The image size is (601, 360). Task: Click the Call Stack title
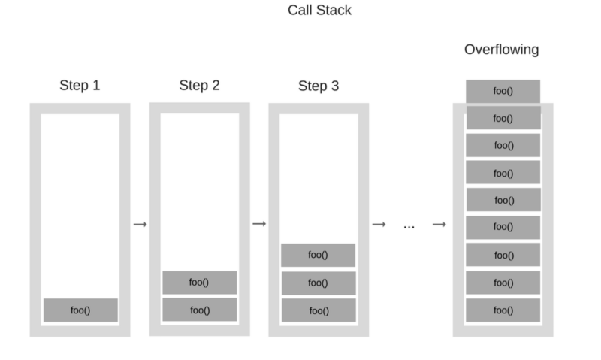319,10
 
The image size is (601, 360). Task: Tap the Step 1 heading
80,85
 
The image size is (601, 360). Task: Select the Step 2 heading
199,85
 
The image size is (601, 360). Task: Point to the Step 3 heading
319,86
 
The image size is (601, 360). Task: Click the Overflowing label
501,50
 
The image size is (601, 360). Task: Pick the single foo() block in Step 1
80,310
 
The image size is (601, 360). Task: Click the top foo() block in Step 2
200,283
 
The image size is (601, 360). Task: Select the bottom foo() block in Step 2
200,310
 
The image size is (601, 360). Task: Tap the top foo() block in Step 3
318,255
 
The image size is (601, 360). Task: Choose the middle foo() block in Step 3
319,283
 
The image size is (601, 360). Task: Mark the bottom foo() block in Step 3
319,310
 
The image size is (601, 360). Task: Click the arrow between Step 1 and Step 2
140,224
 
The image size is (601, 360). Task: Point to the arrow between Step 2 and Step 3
259,223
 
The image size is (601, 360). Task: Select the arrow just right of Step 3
379,224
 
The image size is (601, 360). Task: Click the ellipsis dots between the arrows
409,227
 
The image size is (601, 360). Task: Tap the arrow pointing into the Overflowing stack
439,224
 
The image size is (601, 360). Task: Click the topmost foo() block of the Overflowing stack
503,91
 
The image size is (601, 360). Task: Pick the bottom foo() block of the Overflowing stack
503,310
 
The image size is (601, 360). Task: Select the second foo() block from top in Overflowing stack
503,118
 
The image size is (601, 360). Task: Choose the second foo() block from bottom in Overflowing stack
503,283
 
